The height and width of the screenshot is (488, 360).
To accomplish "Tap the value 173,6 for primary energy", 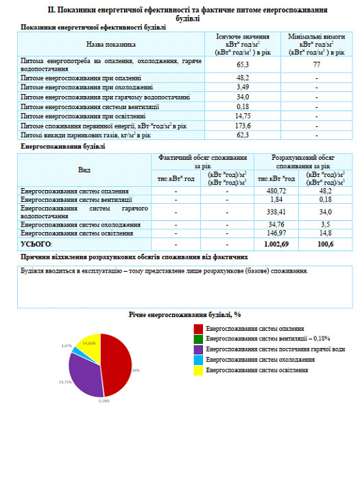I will pyautogui.click(x=242, y=127).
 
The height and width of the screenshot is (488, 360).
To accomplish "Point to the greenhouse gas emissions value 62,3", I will pyautogui.click(x=242, y=136).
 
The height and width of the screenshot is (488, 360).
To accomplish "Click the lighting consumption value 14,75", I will pyautogui.click(x=242, y=117).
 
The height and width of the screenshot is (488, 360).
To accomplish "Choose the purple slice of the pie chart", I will pyautogui.click(x=84, y=374).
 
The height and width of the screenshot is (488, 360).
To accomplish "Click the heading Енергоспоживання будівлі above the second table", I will pyautogui.click(x=63, y=146).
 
